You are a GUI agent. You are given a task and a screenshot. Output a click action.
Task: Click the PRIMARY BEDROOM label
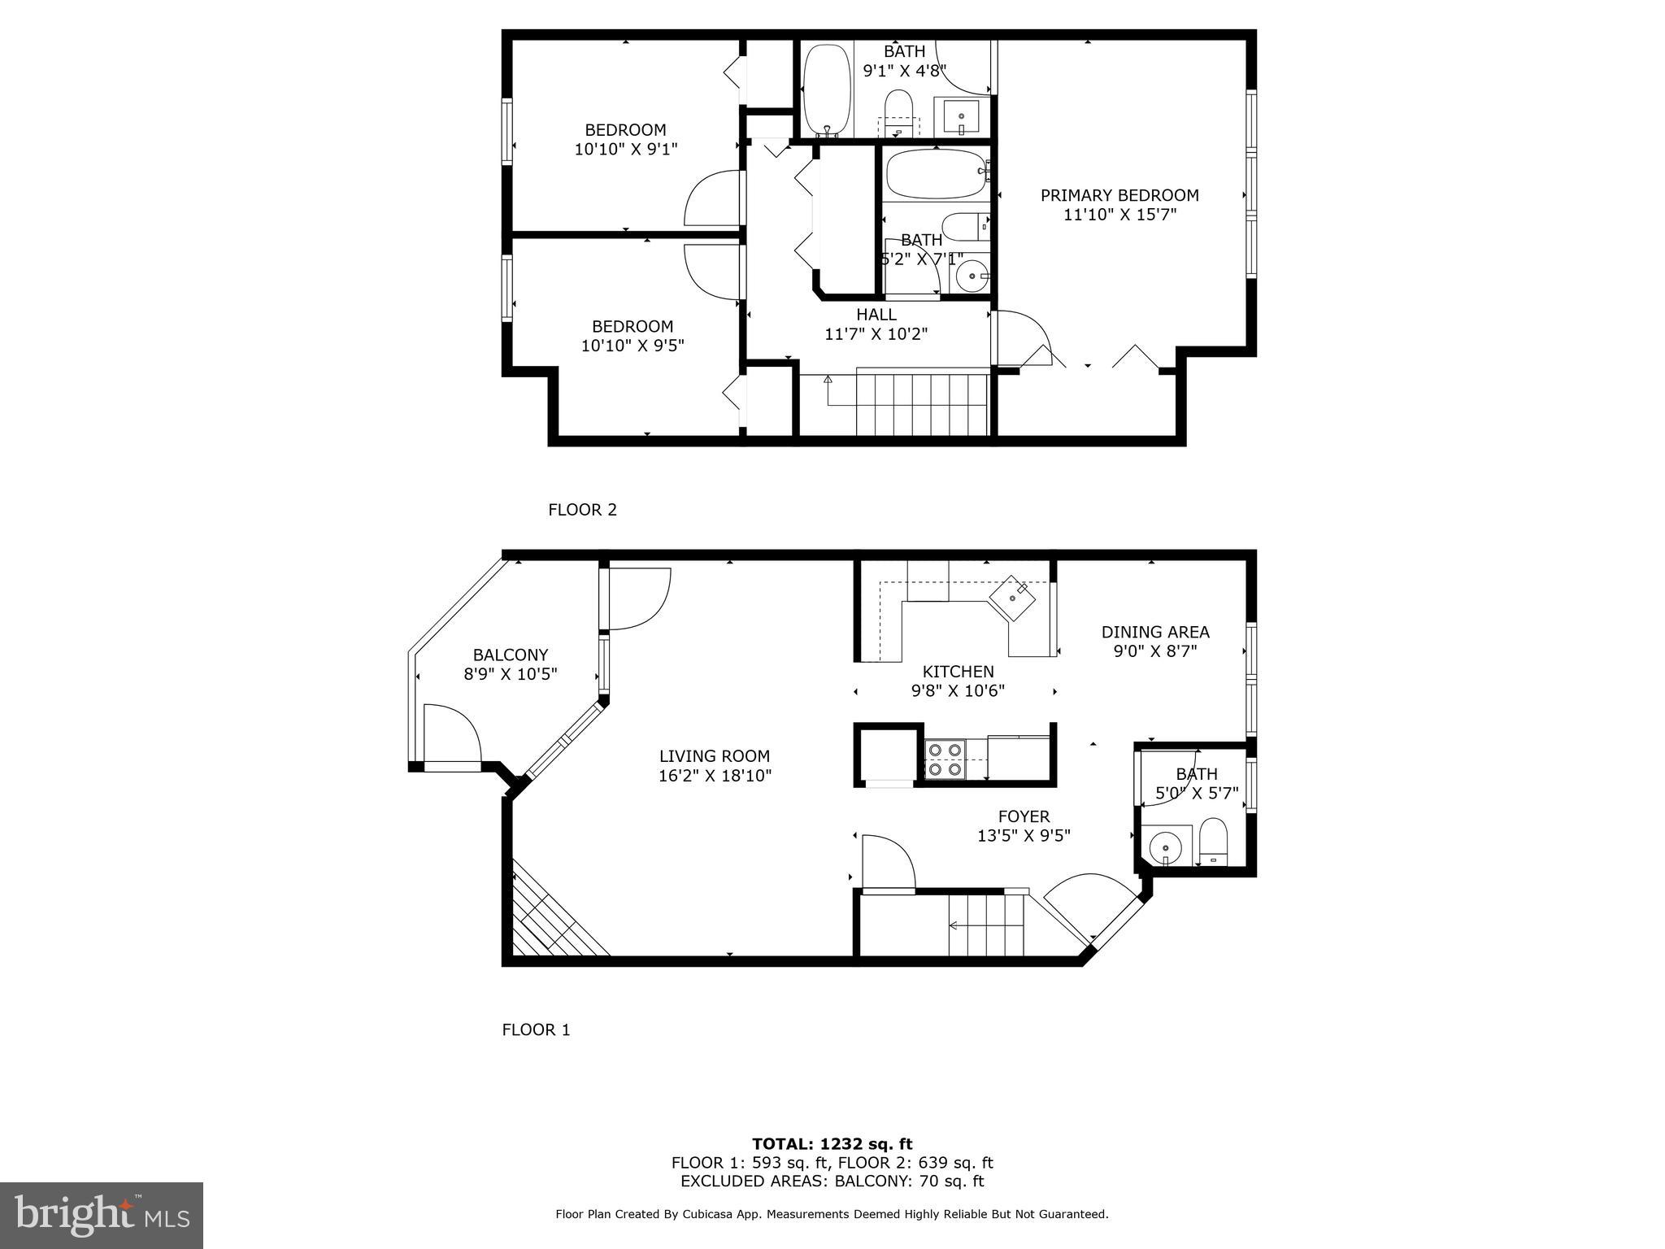(x=1119, y=195)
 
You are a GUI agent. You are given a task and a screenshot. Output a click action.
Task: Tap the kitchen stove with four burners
(x=946, y=759)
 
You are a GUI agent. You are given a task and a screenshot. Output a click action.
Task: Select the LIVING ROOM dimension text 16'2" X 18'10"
(x=715, y=776)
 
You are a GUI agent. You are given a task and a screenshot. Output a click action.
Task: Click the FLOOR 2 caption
(x=582, y=510)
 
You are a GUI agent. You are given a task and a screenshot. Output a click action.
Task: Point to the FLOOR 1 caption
(x=536, y=1029)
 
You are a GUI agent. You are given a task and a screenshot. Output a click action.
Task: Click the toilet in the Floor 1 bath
(x=1213, y=842)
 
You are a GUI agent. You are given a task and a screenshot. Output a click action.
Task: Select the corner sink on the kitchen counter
(x=1011, y=599)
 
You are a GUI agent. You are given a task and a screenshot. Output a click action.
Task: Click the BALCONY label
(x=511, y=655)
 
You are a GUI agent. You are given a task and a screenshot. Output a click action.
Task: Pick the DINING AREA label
(x=1155, y=632)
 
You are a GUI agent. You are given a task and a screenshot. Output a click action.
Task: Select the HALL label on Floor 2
(x=876, y=315)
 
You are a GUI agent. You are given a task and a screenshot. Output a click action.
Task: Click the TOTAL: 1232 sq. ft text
(x=832, y=1144)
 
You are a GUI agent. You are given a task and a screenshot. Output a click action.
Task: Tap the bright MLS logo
(x=102, y=1215)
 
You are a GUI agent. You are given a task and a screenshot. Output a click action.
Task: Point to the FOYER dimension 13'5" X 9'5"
(x=1024, y=836)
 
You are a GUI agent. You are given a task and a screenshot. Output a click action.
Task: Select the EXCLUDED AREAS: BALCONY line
(x=832, y=1182)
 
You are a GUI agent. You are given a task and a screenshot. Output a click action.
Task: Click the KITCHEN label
(x=958, y=672)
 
